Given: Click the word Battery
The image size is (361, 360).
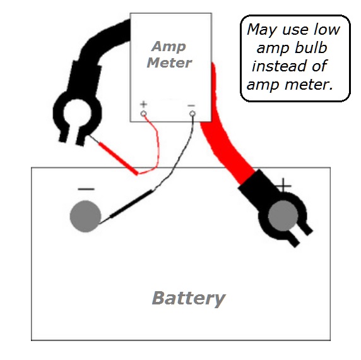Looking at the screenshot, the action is tap(189, 299).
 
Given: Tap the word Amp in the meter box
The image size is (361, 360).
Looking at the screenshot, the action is tap(169, 47).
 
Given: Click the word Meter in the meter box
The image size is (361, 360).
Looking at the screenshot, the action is tap(169, 63).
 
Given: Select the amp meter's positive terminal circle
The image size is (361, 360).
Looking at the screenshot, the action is tap(143, 114).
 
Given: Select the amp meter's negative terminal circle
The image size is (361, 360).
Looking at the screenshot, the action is tap(192, 114).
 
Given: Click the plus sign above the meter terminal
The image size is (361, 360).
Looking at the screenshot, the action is tap(144, 104).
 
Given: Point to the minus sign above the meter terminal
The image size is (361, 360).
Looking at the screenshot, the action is tap(191, 105).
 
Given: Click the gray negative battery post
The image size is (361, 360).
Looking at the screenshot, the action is tap(85, 216).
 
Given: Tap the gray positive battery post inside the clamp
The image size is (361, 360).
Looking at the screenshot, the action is tap(283, 215).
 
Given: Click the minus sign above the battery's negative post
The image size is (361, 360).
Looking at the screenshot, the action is tap(86, 189).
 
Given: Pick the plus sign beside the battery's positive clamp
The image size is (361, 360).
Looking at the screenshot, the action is tap(283, 185).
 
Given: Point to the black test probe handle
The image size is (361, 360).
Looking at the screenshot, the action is tap(131, 204).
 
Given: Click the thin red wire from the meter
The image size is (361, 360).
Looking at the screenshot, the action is tap(157, 147).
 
